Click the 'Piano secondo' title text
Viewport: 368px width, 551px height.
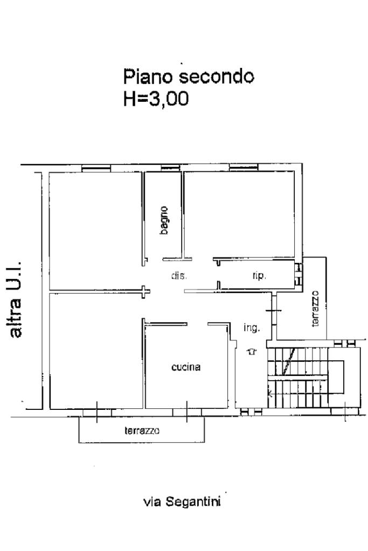point(189,76)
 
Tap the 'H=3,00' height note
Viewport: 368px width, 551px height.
point(156,99)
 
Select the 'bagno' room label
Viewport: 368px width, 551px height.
point(164,220)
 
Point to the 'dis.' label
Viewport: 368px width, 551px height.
point(179,276)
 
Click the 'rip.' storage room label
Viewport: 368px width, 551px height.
point(259,276)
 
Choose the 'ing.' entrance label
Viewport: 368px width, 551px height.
point(251,328)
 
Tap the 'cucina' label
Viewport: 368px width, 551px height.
point(186,367)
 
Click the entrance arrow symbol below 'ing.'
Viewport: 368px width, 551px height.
point(252,351)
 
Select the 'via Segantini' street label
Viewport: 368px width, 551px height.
point(182,501)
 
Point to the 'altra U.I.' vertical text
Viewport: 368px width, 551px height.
point(16,299)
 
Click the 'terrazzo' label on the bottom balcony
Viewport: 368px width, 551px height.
point(142,430)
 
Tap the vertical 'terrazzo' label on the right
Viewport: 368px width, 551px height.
point(315,309)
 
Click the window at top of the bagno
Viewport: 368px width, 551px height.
point(171,168)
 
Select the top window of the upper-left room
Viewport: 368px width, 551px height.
point(96,169)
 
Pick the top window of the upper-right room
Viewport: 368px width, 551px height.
point(244,168)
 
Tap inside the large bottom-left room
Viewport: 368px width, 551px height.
point(95,351)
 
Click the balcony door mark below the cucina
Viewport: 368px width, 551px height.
point(186,411)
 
